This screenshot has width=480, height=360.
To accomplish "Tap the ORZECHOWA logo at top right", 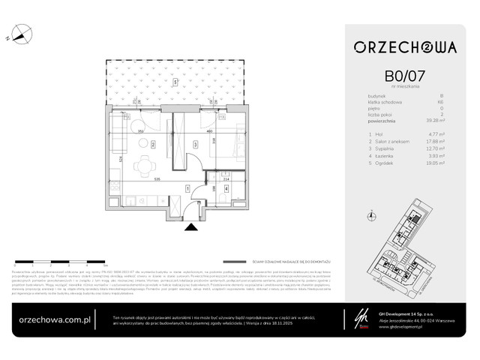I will [404, 47].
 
